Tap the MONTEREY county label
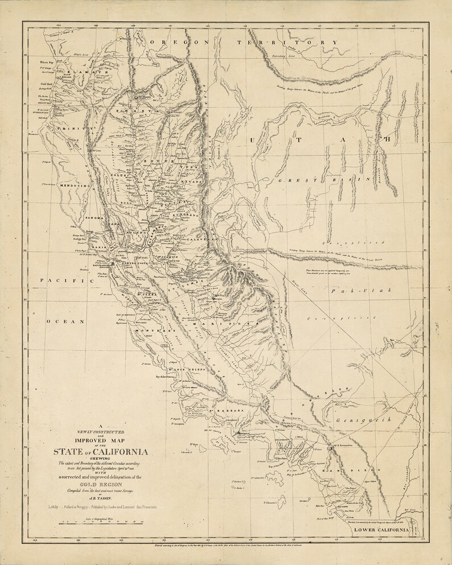[154, 331]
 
